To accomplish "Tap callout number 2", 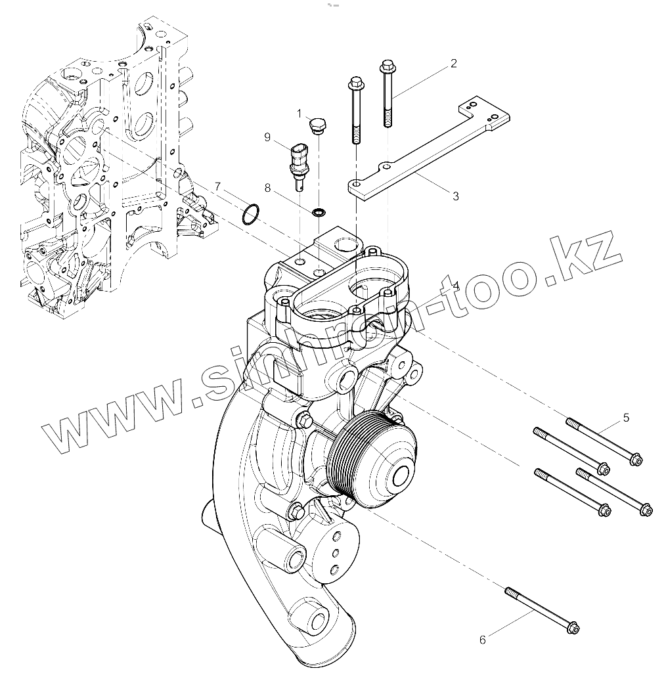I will pos(453,64).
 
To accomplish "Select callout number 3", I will pos(455,196).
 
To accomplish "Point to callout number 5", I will pos(626,417).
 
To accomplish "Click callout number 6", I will pos(483,639).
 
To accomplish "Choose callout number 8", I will pos(267,187).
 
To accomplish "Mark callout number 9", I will pos(267,137).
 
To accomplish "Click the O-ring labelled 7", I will pos(250,213).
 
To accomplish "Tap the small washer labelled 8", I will pos(319,211).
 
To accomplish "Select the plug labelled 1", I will pos(318,125).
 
